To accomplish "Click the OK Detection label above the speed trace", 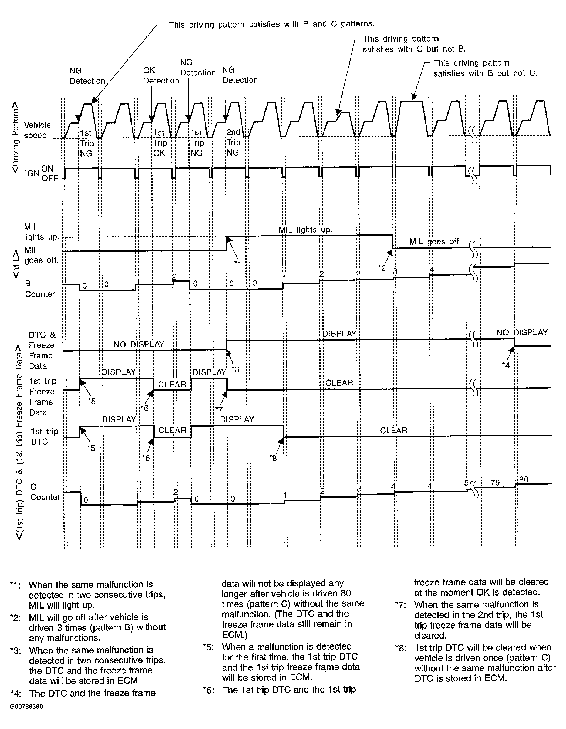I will (161, 75).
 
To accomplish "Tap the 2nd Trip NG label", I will (233, 142).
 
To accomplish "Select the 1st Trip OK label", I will (160, 143).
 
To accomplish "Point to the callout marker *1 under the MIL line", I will (237, 263).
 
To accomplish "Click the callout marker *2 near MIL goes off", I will (382, 268).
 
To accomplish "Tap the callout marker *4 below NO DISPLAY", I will (506, 365).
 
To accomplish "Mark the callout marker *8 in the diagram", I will (273, 458).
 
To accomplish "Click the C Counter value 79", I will (495, 483).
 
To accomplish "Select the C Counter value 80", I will (524, 480).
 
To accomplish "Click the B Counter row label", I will (40, 289).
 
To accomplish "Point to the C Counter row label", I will (45, 492).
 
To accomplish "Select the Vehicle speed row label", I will (37, 130).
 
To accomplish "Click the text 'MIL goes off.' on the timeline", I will (435, 241).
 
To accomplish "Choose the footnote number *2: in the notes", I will (15, 617).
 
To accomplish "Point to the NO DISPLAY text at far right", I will (522, 332).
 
